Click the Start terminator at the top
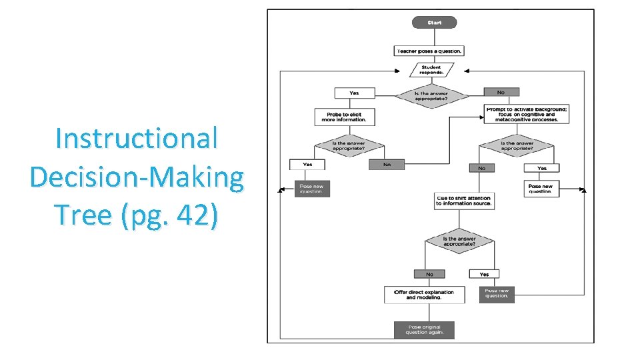pyautogui.click(x=433, y=23)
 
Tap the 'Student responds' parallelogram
pyautogui.click(x=431, y=69)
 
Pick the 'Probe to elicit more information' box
pyautogui.click(x=344, y=117)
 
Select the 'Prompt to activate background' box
pyautogui.click(x=527, y=114)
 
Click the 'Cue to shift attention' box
pyautogui.click(x=463, y=201)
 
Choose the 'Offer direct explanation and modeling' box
pyautogui.click(x=424, y=295)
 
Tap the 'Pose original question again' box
pyautogui.click(x=423, y=330)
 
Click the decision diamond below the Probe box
pyautogui.click(x=339, y=146)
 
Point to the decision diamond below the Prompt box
pyautogui.click(x=516, y=146)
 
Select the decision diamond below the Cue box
pyautogui.click(x=459, y=241)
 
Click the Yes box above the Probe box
pyautogui.click(x=354, y=93)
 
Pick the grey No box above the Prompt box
pyautogui.click(x=501, y=92)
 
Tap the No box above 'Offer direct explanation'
pyautogui.click(x=429, y=274)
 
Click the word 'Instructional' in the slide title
pyautogui.click(x=137, y=139)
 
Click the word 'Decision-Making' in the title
pyautogui.click(x=137, y=177)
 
